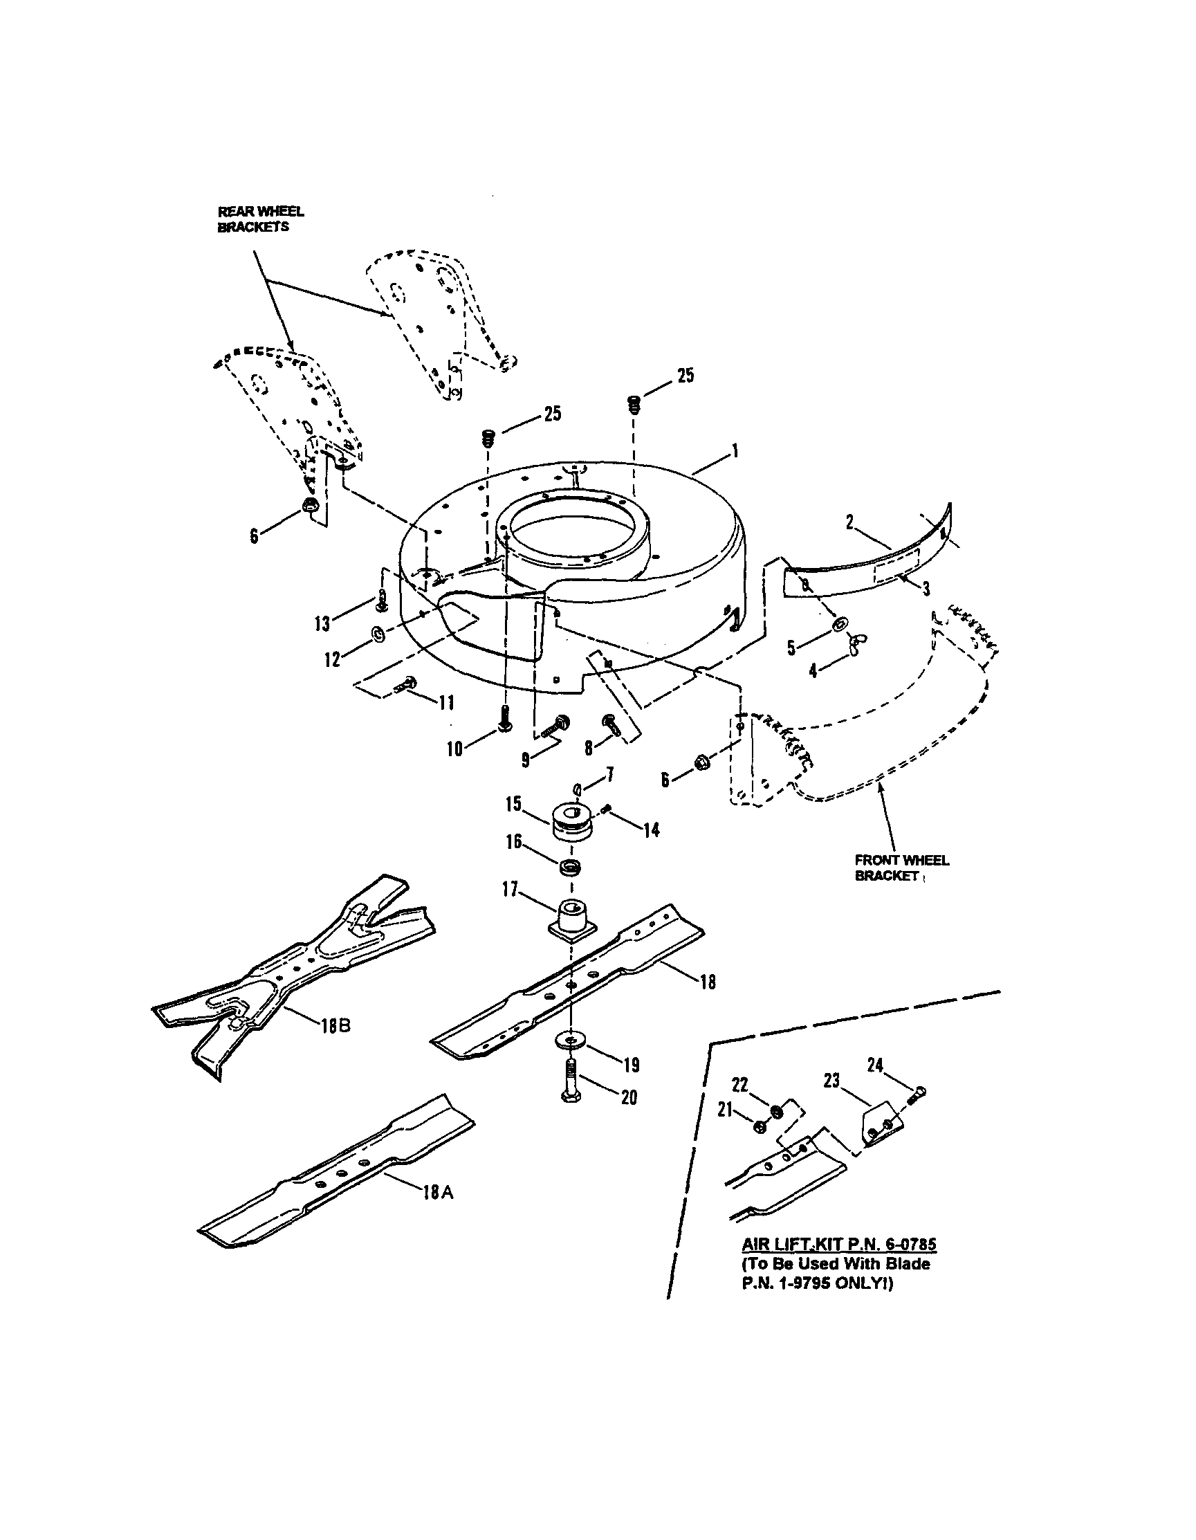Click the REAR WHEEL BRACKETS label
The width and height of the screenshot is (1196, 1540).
click(x=260, y=219)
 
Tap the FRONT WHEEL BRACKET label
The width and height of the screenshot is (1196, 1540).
click(x=901, y=868)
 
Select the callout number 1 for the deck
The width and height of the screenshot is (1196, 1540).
click(x=735, y=450)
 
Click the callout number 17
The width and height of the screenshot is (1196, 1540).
click(x=510, y=890)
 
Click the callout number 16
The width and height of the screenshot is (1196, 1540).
click(x=513, y=841)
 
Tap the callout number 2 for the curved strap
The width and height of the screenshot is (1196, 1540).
click(x=850, y=522)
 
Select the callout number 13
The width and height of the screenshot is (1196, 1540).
click(x=322, y=623)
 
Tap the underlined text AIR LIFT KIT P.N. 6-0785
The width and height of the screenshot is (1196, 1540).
click(x=838, y=1243)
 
